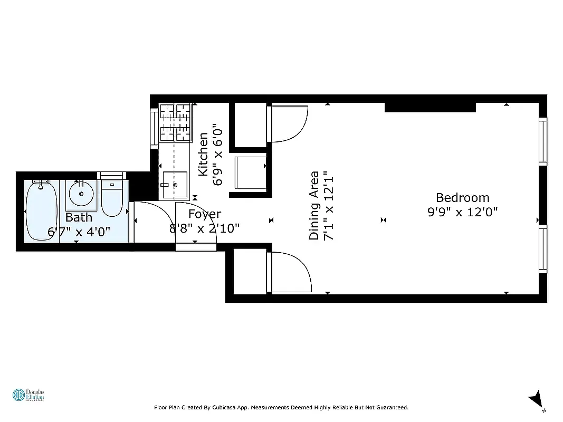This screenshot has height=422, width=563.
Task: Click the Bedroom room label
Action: click(x=462, y=198)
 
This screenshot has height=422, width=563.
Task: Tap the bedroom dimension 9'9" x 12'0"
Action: click(x=462, y=212)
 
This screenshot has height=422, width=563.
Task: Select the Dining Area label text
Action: click(x=314, y=205)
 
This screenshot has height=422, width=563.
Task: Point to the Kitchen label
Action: click(x=203, y=155)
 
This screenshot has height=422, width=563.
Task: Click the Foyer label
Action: click(x=205, y=214)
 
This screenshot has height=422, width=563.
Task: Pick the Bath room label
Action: click(x=79, y=217)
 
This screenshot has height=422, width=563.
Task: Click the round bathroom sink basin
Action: click(x=81, y=194)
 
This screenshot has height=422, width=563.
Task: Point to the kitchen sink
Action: click(x=174, y=185)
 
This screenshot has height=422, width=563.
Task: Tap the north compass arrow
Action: click(x=536, y=399)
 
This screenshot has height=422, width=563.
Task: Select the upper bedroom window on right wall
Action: click(x=543, y=141)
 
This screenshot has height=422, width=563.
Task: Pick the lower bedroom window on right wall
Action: click(x=543, y=248)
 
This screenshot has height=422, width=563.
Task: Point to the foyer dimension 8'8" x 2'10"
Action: click(x=205, y=228)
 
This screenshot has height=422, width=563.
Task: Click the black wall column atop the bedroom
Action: click(x=430, y=107)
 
